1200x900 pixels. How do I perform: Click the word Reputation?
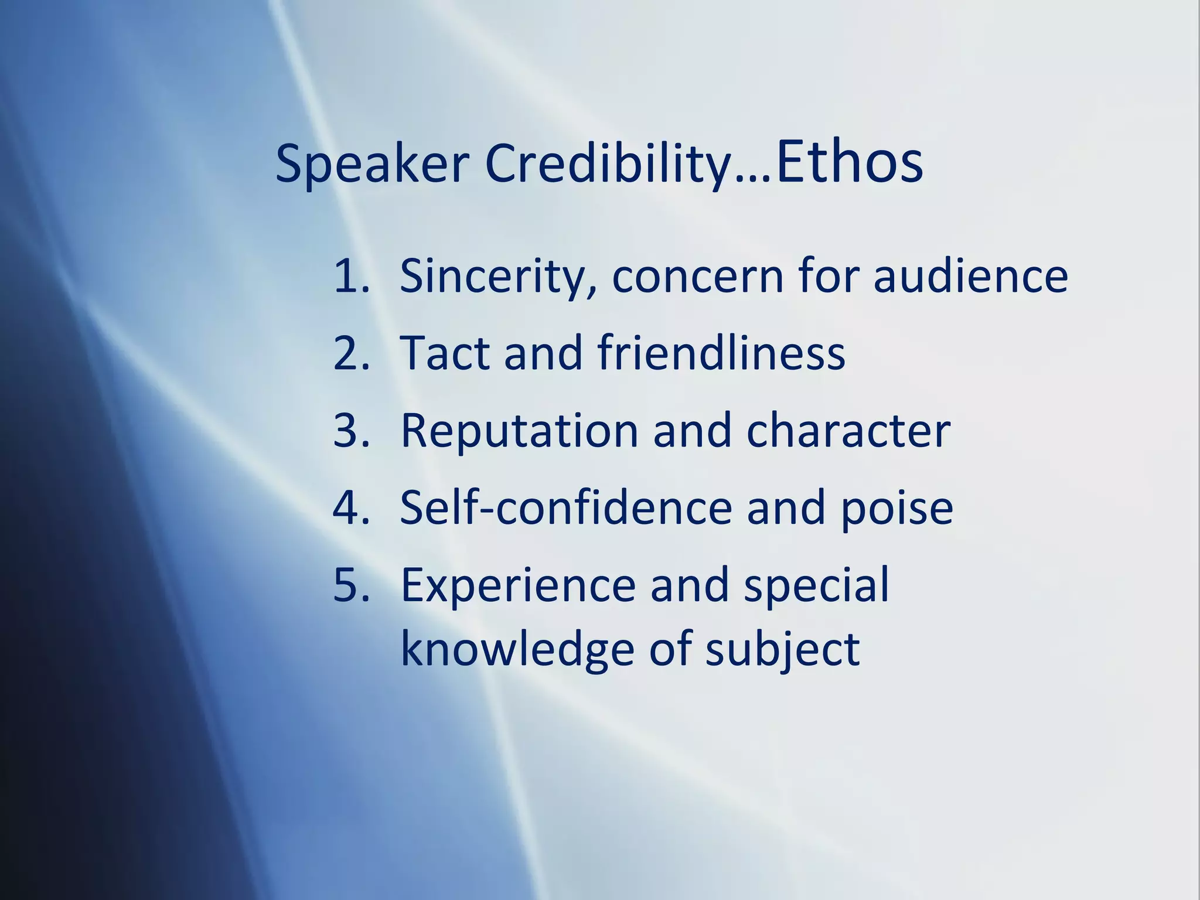[519, 431]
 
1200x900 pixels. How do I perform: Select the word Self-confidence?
[566, 507]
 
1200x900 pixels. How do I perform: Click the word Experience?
[518, 585]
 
